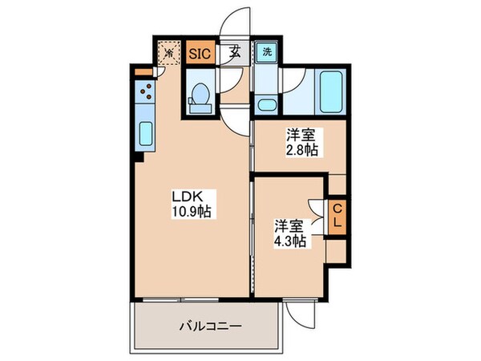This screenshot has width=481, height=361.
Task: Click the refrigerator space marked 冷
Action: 169,53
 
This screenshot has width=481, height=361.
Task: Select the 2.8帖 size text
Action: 299,148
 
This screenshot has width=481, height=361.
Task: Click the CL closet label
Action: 338,215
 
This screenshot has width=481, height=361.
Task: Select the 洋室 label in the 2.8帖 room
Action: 299,133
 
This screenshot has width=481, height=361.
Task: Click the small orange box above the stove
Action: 143,73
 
